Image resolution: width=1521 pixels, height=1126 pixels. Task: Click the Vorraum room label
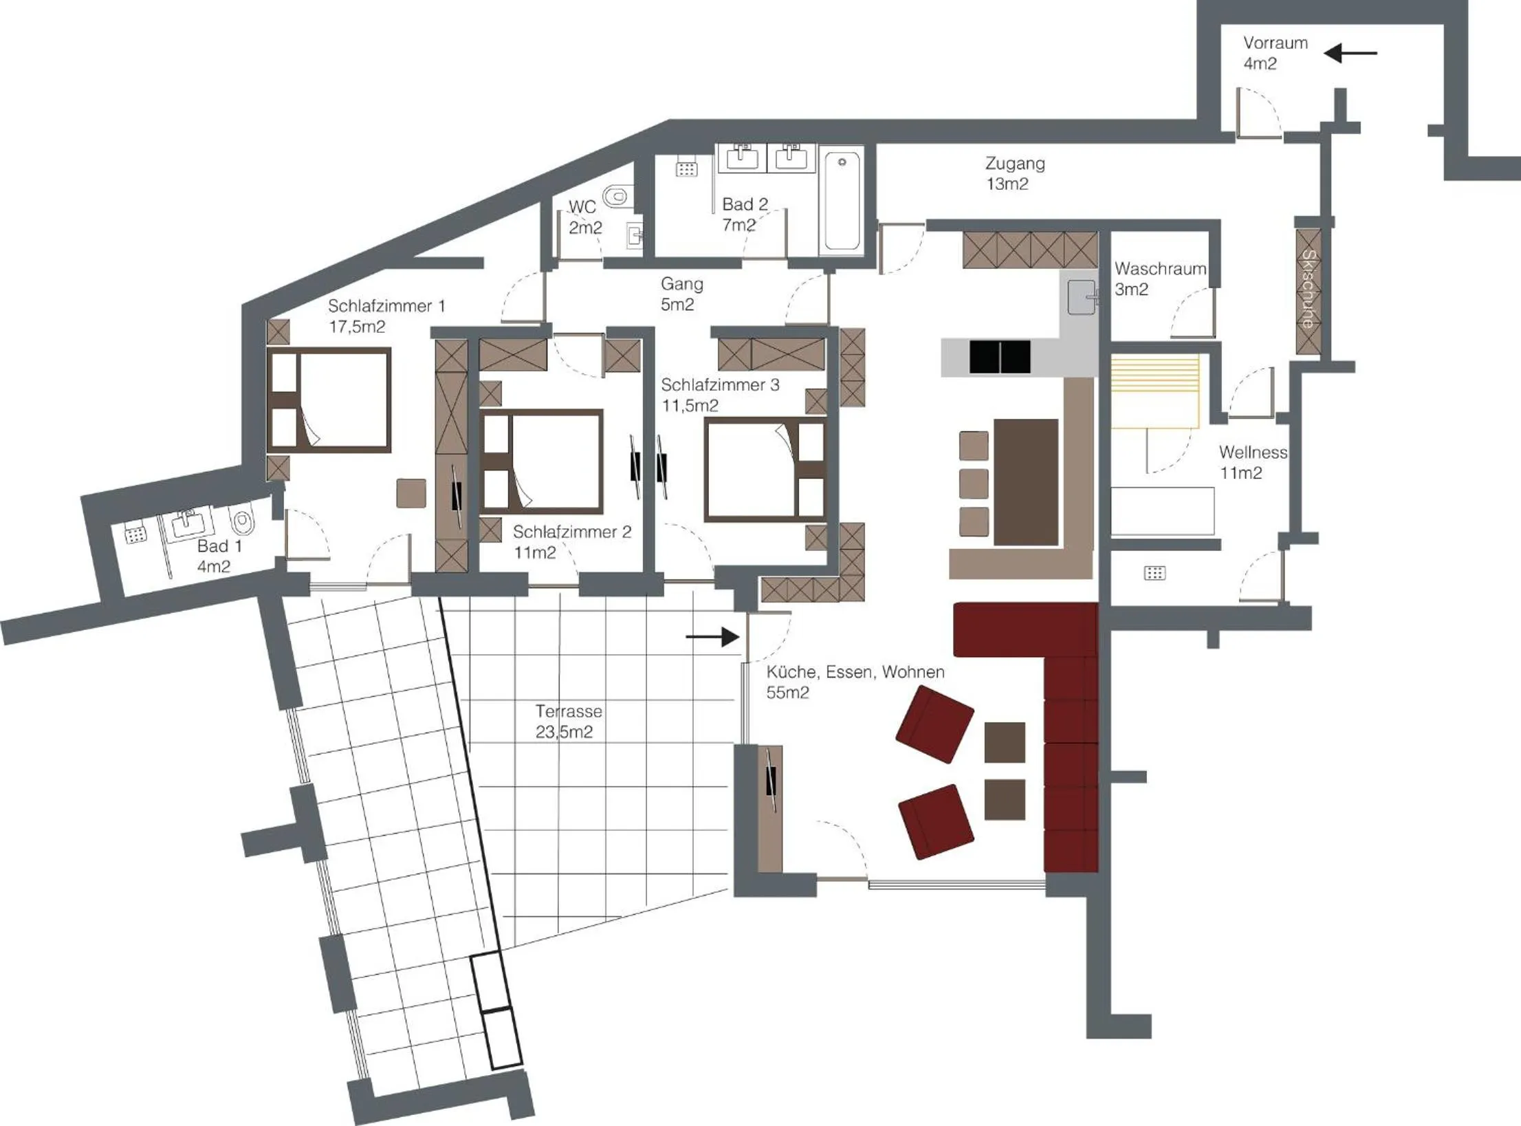1275,53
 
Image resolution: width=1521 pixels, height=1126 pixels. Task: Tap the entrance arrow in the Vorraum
1350,53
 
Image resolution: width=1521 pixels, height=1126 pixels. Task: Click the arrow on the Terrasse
712,637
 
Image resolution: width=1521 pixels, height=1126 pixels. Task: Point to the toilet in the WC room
616,197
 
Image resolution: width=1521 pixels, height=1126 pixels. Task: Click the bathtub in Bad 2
842,202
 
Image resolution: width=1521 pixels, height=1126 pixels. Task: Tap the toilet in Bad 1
243,522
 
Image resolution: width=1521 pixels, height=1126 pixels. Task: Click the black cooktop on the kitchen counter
999,357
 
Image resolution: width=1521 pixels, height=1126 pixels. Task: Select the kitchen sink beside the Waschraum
1081,298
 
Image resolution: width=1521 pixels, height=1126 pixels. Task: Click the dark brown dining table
1025,481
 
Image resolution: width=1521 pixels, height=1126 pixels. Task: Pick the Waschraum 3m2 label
1159,279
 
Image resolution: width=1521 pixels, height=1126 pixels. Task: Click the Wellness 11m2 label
1252,462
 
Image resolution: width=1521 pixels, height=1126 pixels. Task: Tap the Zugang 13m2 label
1014,173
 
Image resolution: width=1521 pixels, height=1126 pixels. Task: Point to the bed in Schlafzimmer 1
329,400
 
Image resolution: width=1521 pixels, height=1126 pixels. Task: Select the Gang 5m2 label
681,294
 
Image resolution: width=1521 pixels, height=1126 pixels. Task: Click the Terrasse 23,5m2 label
567,721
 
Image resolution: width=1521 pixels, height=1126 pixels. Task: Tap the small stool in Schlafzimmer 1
411,493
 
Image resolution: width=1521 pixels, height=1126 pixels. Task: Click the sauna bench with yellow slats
1155,391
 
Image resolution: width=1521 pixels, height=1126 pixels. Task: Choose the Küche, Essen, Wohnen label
855,681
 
